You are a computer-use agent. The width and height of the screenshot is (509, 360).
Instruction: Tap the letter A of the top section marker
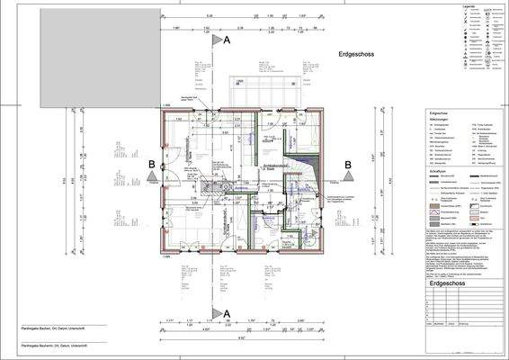pyautogui.click(x=227, y=41)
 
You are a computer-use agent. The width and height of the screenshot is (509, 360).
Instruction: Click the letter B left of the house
pyautogui.click(x=152, y=164)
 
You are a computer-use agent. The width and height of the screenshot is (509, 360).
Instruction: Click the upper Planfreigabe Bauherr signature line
pyautogui.click(x=54, y=328)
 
